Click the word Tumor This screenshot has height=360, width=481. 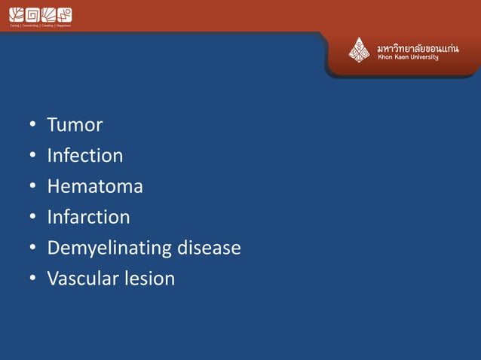pyautogui.click(x=75, y=125)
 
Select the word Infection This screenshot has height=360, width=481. pyautogui.click(x=84, y=156)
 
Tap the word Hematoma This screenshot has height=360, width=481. pyautogui.click(x=94, y=186)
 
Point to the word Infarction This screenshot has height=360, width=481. pyautogui.click(x=88, y=217)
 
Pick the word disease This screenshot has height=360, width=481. pyautogui.click(x=208, y=248)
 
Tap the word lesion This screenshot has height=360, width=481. pyautogui.click(x=150, y=279)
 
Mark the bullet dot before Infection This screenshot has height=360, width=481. pyautogui.click(x=32, y=157)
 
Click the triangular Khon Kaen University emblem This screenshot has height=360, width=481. pyautogui.click(x=359, y=50)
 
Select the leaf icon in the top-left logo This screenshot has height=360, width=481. pyautogui.click(x=15, y=14)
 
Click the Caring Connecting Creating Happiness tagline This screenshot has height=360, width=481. pyautogui.click(x=40, y=26)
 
